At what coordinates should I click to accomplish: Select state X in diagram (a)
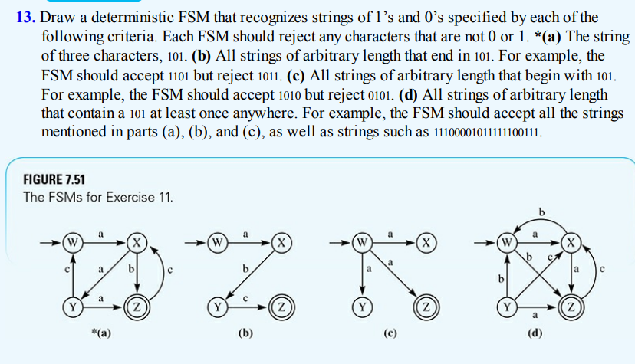pos(136,244)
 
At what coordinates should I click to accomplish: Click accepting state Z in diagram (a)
pos(137,307)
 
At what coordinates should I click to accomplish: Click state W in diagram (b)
pos(219,244)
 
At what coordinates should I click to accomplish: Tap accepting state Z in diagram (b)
pos(281,307)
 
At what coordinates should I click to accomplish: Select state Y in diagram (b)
pos(219,307)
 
